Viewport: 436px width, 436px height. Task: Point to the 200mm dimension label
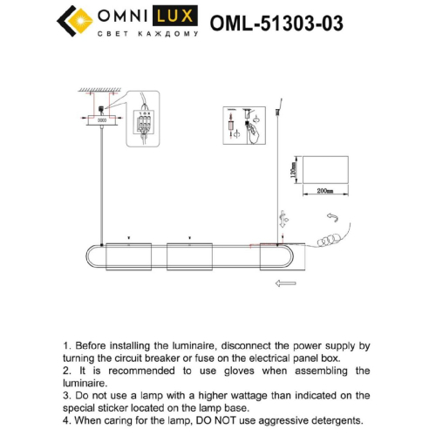point(326,189)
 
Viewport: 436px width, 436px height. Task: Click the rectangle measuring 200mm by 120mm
point(326,170)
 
